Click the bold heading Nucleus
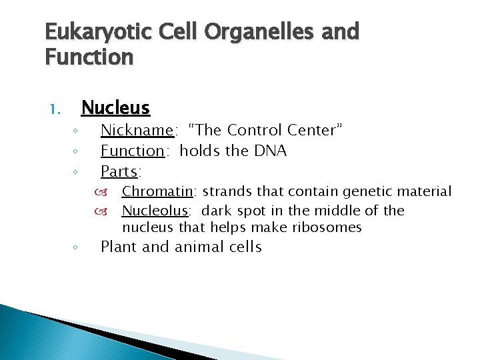[115, 107]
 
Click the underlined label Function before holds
[132, 151]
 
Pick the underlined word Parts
[119, 172]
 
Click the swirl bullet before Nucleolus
[111, 211]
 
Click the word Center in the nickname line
[316, 130]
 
